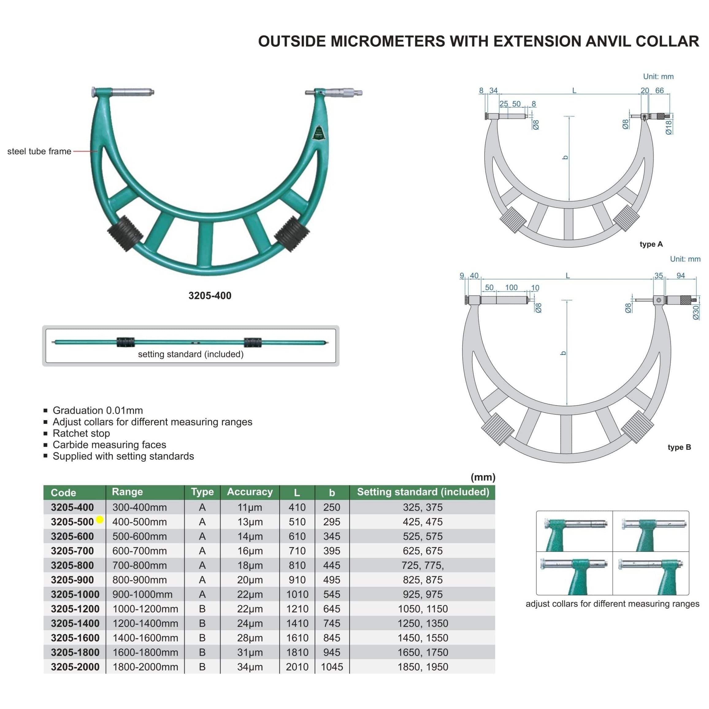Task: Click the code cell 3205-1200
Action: click(75, 609)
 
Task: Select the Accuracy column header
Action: click(250, 492)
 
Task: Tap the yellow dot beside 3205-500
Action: click(99, 520)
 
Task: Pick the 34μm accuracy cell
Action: click(250, 667)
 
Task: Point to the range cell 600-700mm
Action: click(140, 551)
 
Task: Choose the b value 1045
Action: click(332, 667)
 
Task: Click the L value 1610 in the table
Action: click(297, 638)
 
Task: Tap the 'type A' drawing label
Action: click(651, 244)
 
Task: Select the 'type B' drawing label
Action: click(679, 447)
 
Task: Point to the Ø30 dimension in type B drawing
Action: click(696, 312)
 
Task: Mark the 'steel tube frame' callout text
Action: click(39, 151)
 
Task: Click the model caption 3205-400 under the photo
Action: click(210, 295)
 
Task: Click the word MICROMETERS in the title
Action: click(388, 41)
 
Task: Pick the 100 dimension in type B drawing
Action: click(511, 287)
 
